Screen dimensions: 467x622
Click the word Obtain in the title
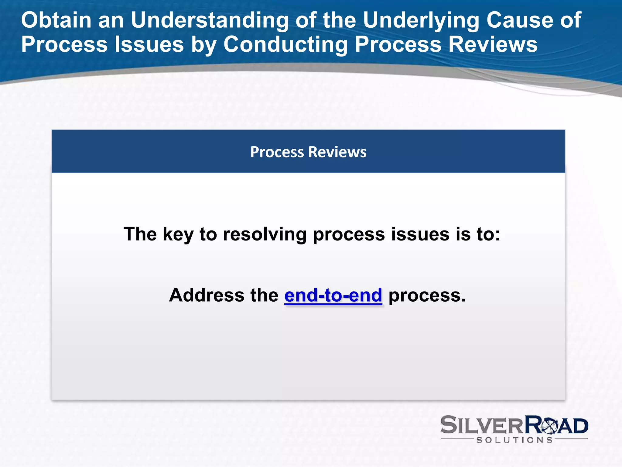[x=56, y=20]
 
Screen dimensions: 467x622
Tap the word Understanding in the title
[x=209, y=20]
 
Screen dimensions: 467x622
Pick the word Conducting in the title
[x=285, y=44]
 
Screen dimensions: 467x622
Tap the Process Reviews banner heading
[x=308, y=152]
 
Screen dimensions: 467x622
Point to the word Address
[x=207, y=295]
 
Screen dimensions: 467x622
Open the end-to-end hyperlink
[x=333, y=295]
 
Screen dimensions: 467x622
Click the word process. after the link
[x=427, y=295]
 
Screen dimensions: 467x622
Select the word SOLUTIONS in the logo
[x=514, y=440]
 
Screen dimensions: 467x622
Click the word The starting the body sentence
[x=140, y=234]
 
